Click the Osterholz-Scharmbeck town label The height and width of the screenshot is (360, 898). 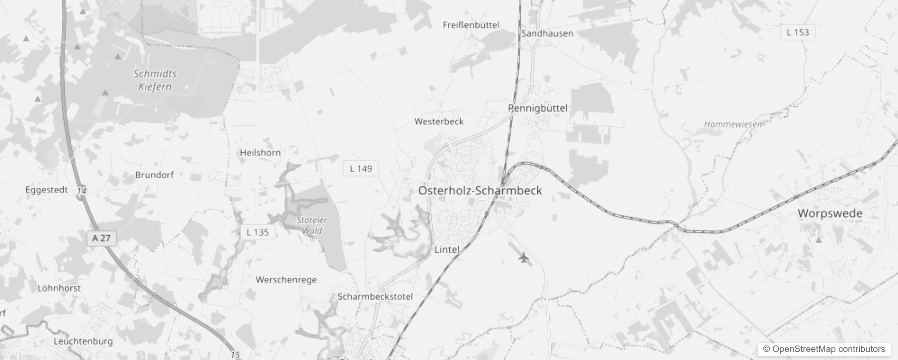(480, 190)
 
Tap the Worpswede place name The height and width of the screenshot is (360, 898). (830, 213)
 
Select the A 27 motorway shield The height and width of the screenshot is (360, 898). (101, 238)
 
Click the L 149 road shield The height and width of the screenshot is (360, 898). (361, 168)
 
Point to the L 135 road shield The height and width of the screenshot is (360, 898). (258, 232)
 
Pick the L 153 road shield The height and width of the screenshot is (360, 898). (797, 32)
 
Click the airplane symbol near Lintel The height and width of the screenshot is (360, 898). (523, 258)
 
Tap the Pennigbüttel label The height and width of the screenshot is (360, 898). (538, 108)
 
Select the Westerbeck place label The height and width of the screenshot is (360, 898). (439, 121)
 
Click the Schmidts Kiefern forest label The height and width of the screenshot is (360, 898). (155, 80)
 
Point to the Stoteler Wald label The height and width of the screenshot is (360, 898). (312, 225)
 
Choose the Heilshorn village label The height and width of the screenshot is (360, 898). (260, 153)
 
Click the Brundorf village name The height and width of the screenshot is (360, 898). (154, 175)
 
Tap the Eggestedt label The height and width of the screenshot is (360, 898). (46, 190)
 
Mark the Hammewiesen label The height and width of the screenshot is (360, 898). (733, 124)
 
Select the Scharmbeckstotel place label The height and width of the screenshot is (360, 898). (375, 297)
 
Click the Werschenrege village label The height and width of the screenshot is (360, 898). (286, 279)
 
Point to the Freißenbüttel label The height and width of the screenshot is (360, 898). (471, 25)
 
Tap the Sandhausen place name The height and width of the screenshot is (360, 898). (547, 33)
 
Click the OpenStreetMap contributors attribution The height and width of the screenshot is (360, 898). (824, 349)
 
